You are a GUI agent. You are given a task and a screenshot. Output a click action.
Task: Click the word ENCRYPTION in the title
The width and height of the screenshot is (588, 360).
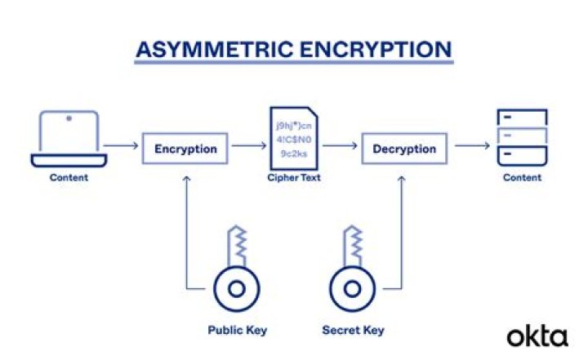point(376,50)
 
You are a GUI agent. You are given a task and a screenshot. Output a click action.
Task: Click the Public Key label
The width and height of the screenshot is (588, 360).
point(238,331)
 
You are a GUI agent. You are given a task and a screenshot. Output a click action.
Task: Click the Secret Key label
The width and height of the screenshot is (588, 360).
point(354,331)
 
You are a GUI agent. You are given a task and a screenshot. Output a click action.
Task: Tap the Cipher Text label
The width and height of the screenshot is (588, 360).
point(294,177)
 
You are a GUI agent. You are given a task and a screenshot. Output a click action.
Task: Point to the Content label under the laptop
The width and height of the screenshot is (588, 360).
point(69,177)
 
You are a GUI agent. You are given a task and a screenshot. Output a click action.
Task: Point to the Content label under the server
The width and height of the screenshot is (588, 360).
point(522,177)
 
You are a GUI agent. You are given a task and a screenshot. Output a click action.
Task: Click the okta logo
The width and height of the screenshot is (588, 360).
point(537,337)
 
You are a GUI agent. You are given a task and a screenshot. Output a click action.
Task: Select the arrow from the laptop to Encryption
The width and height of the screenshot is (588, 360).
point(121,145)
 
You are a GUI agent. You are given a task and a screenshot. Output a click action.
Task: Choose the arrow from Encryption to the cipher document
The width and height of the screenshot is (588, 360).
point(249,145)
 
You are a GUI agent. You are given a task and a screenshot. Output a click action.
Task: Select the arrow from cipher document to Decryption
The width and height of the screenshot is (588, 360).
point(340,145)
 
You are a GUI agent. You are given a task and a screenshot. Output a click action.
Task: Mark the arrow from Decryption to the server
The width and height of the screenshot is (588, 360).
point(472,145)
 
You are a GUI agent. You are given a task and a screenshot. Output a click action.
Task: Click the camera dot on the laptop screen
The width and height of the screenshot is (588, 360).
point(69,118)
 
